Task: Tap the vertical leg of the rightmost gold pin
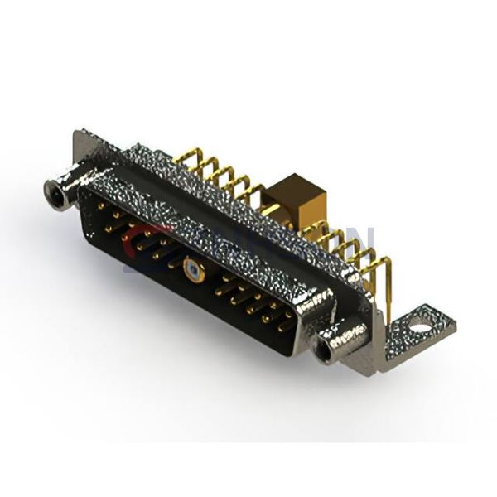point(387,294)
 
